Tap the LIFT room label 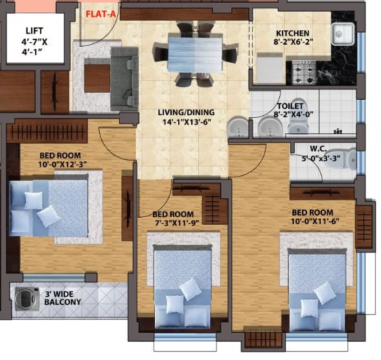click(34, 31)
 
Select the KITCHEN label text click(292, 34)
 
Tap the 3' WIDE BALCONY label click(63, 299)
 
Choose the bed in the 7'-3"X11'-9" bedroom click(182, 285)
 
